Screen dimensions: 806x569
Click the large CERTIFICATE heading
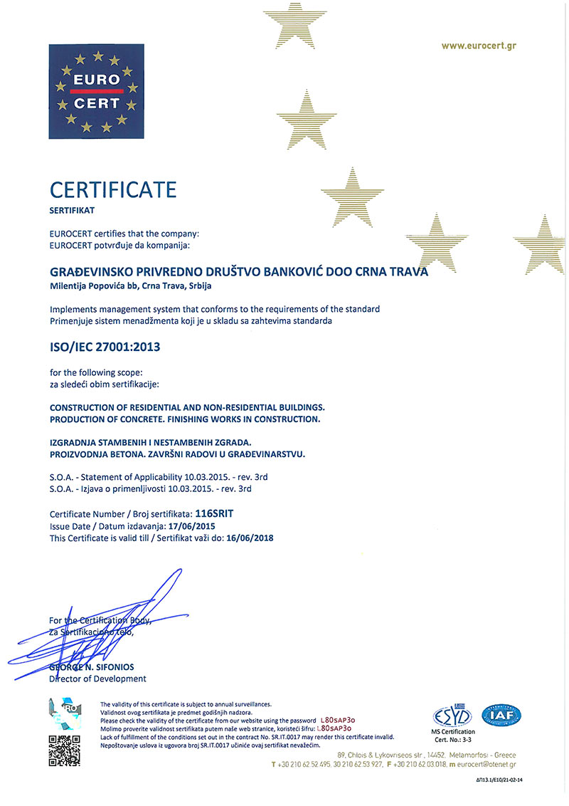pos(112,190)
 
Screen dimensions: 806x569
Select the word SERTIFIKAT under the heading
pos(72,211)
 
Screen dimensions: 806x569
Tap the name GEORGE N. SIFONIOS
pos(92,666)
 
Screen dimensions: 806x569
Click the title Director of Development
pos(97,679)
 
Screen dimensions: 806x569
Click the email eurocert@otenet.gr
pos(483,764)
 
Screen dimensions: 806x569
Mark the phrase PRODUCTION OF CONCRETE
pos(115,419)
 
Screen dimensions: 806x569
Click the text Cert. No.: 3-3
pos(454,739)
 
